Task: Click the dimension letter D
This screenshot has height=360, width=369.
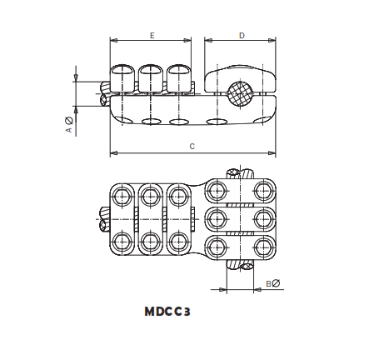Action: coord(242,35)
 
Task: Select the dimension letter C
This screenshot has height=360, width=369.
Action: coord(192,146)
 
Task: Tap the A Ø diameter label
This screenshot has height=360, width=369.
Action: coord(69,125)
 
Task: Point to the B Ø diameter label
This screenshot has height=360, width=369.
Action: coord(273,283)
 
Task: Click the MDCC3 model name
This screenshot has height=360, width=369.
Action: coord(167,312)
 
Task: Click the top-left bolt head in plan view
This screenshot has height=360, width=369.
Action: coord(122,197)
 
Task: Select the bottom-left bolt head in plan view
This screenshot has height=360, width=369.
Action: coord(122,242)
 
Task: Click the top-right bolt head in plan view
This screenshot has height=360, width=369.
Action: coord(265,192)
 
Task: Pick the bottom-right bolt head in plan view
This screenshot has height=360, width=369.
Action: coord(265,247)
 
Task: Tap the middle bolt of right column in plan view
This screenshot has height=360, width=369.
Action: coord(265,220)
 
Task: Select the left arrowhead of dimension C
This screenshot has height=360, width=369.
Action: coord(113,153)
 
